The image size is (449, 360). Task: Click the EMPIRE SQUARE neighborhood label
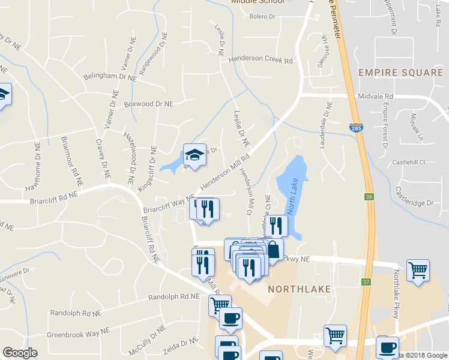click(400, 73)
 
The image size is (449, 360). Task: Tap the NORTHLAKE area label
click(299, 289)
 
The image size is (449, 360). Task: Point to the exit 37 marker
click(367, 282)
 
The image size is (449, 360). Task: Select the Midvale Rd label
click(376, 96)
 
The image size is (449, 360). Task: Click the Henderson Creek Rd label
click(264, 61)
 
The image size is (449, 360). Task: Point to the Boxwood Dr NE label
click(148, 104)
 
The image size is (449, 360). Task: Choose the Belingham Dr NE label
click(110, 77)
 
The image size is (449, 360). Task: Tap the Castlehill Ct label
click(409, 162)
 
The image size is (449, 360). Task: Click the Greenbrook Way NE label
click(79, 331)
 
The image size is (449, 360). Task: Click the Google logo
click(20, 353)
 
